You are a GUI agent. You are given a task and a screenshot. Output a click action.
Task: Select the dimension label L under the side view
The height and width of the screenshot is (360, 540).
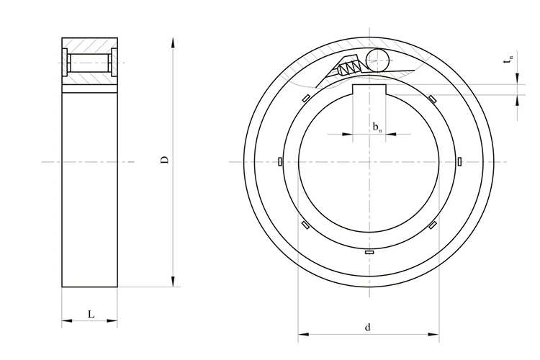(x=90, y=314)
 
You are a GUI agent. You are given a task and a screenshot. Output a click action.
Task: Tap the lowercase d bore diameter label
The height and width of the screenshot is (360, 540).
(x=367, y=328)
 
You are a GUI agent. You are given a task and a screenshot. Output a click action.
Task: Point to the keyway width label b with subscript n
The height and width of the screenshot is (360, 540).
(x=377, y=127)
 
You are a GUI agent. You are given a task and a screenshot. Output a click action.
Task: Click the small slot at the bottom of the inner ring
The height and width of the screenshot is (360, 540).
(x=370, y=253)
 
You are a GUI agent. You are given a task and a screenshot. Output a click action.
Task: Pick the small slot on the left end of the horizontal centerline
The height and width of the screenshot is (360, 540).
(x=279, y=161)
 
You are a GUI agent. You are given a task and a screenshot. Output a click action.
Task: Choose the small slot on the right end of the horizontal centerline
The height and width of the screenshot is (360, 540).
(x=459, y=161)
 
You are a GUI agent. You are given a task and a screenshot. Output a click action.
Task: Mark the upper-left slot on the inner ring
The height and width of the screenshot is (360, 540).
(x=305, y=99)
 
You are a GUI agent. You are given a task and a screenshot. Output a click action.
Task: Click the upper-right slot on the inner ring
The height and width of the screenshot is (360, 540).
(x=432, y=99)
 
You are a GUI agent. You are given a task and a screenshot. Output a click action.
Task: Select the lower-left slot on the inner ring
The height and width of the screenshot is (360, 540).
(x=305, y=225)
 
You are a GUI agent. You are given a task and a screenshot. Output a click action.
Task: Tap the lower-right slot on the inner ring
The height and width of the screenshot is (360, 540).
(x=432, y=225)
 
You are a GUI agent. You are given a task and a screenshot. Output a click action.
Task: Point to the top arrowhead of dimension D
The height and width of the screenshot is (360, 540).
(x=173, y=40)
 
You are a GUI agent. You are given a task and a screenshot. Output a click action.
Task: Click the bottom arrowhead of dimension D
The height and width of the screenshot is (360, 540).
(x=173, y=282)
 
